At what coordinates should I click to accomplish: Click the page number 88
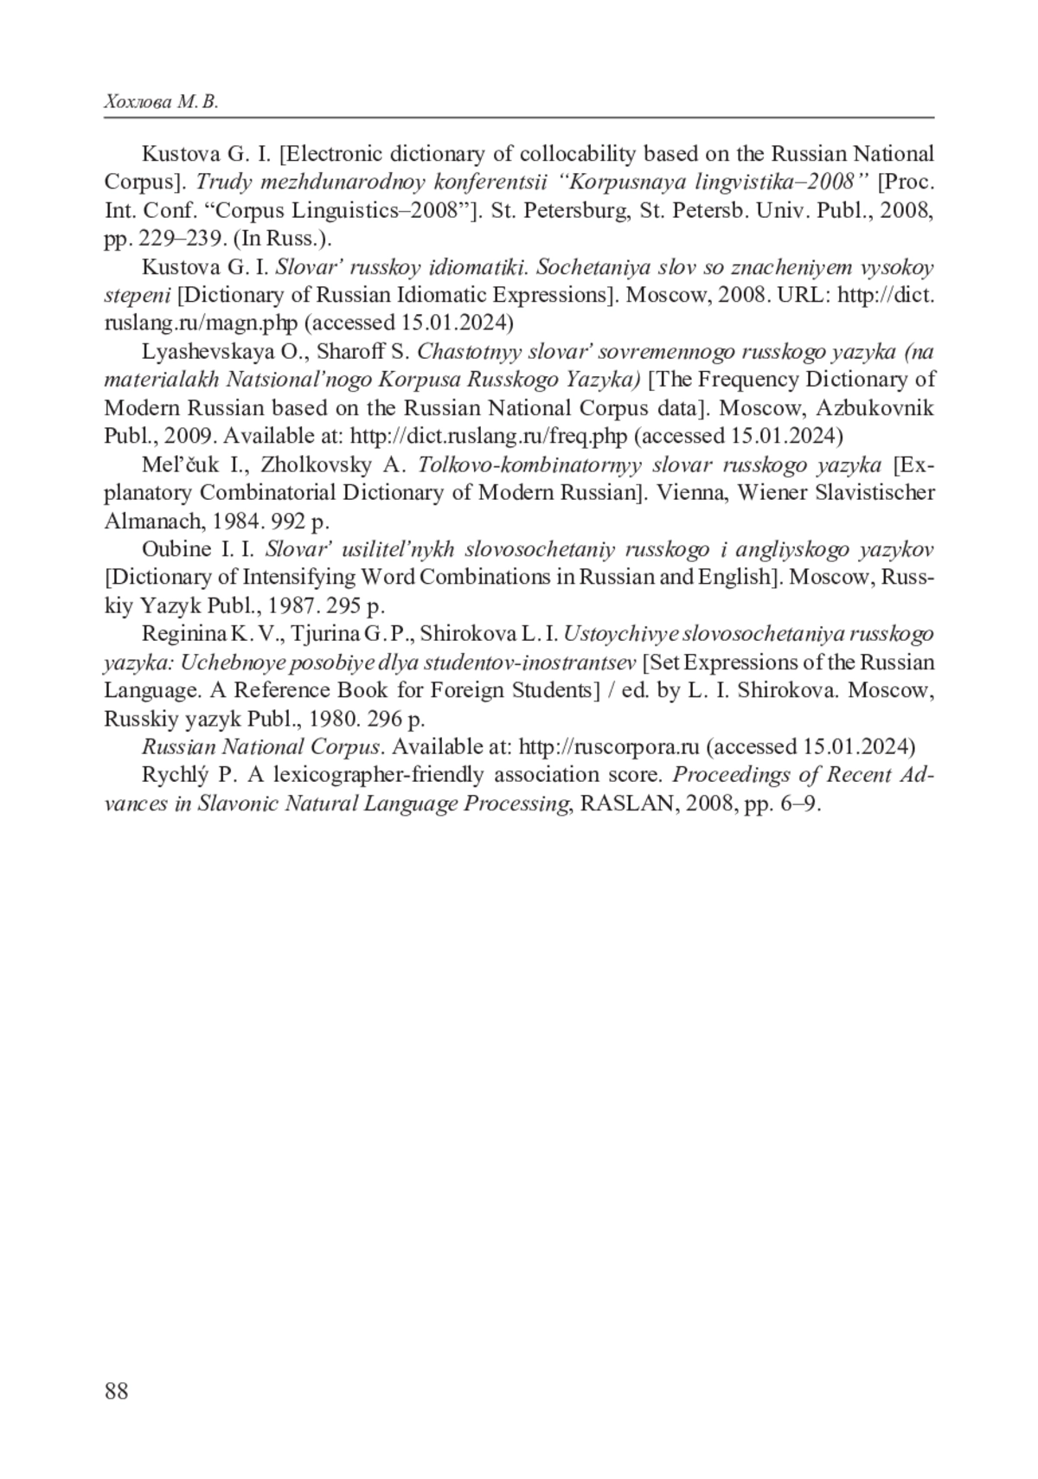click(x=116, y=1391)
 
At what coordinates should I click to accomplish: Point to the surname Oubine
click(x=176, y=548)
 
